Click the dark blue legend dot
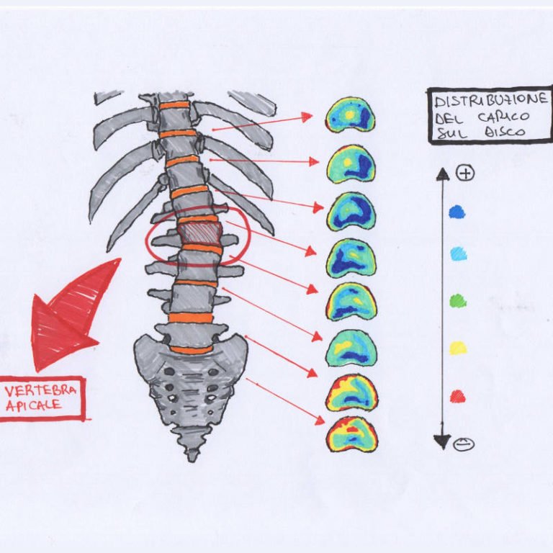point(457,212)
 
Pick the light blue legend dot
point(458,253)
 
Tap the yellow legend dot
point(458,348)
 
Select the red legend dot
point(457,396)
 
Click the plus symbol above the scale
point(466,173)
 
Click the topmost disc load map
point(350,115)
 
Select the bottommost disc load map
point(351,434)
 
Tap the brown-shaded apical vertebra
point(199,233)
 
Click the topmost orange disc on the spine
point(174,105)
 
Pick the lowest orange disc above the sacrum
point(191,350)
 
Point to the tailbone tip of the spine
point(192,455)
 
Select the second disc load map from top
point(351,163)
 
